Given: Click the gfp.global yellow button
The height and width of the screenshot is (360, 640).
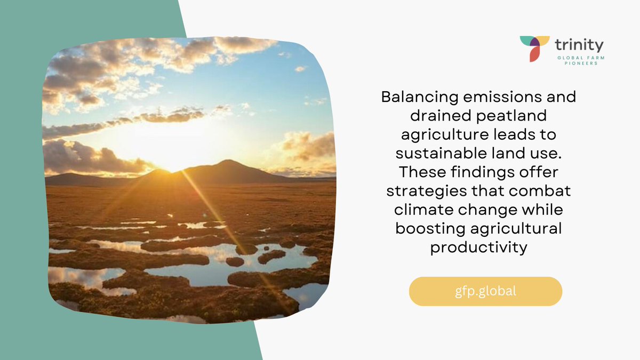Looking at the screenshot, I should tap(485, 291).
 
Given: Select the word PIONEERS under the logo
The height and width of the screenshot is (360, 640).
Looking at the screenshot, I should tap(579, 63).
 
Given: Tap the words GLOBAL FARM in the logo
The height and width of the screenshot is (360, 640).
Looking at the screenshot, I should tap(580, 57).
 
